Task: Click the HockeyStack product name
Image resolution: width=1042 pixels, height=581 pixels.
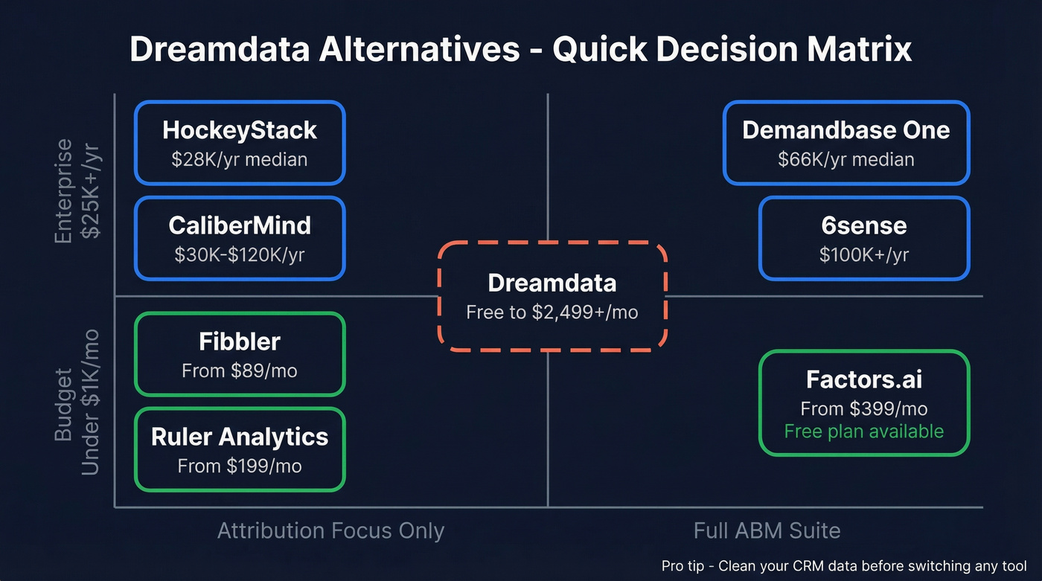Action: coord(240,130)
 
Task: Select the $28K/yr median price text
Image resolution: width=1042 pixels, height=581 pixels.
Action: coord(240,159)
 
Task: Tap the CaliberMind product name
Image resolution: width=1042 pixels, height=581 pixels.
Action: coord(240,225)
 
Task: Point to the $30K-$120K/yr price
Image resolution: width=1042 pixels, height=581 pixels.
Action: coord(240,254)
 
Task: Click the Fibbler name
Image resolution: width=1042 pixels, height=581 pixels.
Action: coord(240,341)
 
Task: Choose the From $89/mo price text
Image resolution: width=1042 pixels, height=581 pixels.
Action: coord(240,370)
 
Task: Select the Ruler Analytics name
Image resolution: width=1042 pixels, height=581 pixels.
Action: coord(240,437)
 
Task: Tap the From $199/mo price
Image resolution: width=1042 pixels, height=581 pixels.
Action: coord(240,466)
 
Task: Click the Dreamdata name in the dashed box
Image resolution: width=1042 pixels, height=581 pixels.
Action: coord(552,283)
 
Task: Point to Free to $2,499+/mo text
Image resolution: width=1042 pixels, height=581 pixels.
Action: coord(552,312)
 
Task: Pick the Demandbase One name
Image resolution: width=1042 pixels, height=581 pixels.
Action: coord(846,130)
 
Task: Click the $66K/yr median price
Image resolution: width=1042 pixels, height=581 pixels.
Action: coord(846,159)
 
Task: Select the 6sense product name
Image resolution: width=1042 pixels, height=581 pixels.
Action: coord(864,225)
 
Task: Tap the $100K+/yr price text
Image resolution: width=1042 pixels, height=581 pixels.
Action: coord(864,254)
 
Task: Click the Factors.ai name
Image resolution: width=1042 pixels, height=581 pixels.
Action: coord(864,379)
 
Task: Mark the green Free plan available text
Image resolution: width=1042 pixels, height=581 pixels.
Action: coord(864,431)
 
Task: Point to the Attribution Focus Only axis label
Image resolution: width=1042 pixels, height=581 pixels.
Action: coord(330,530)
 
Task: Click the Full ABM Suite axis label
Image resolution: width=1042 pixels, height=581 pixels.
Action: coord(767,530)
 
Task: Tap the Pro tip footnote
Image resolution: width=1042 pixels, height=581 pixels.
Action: coord(844,565)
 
